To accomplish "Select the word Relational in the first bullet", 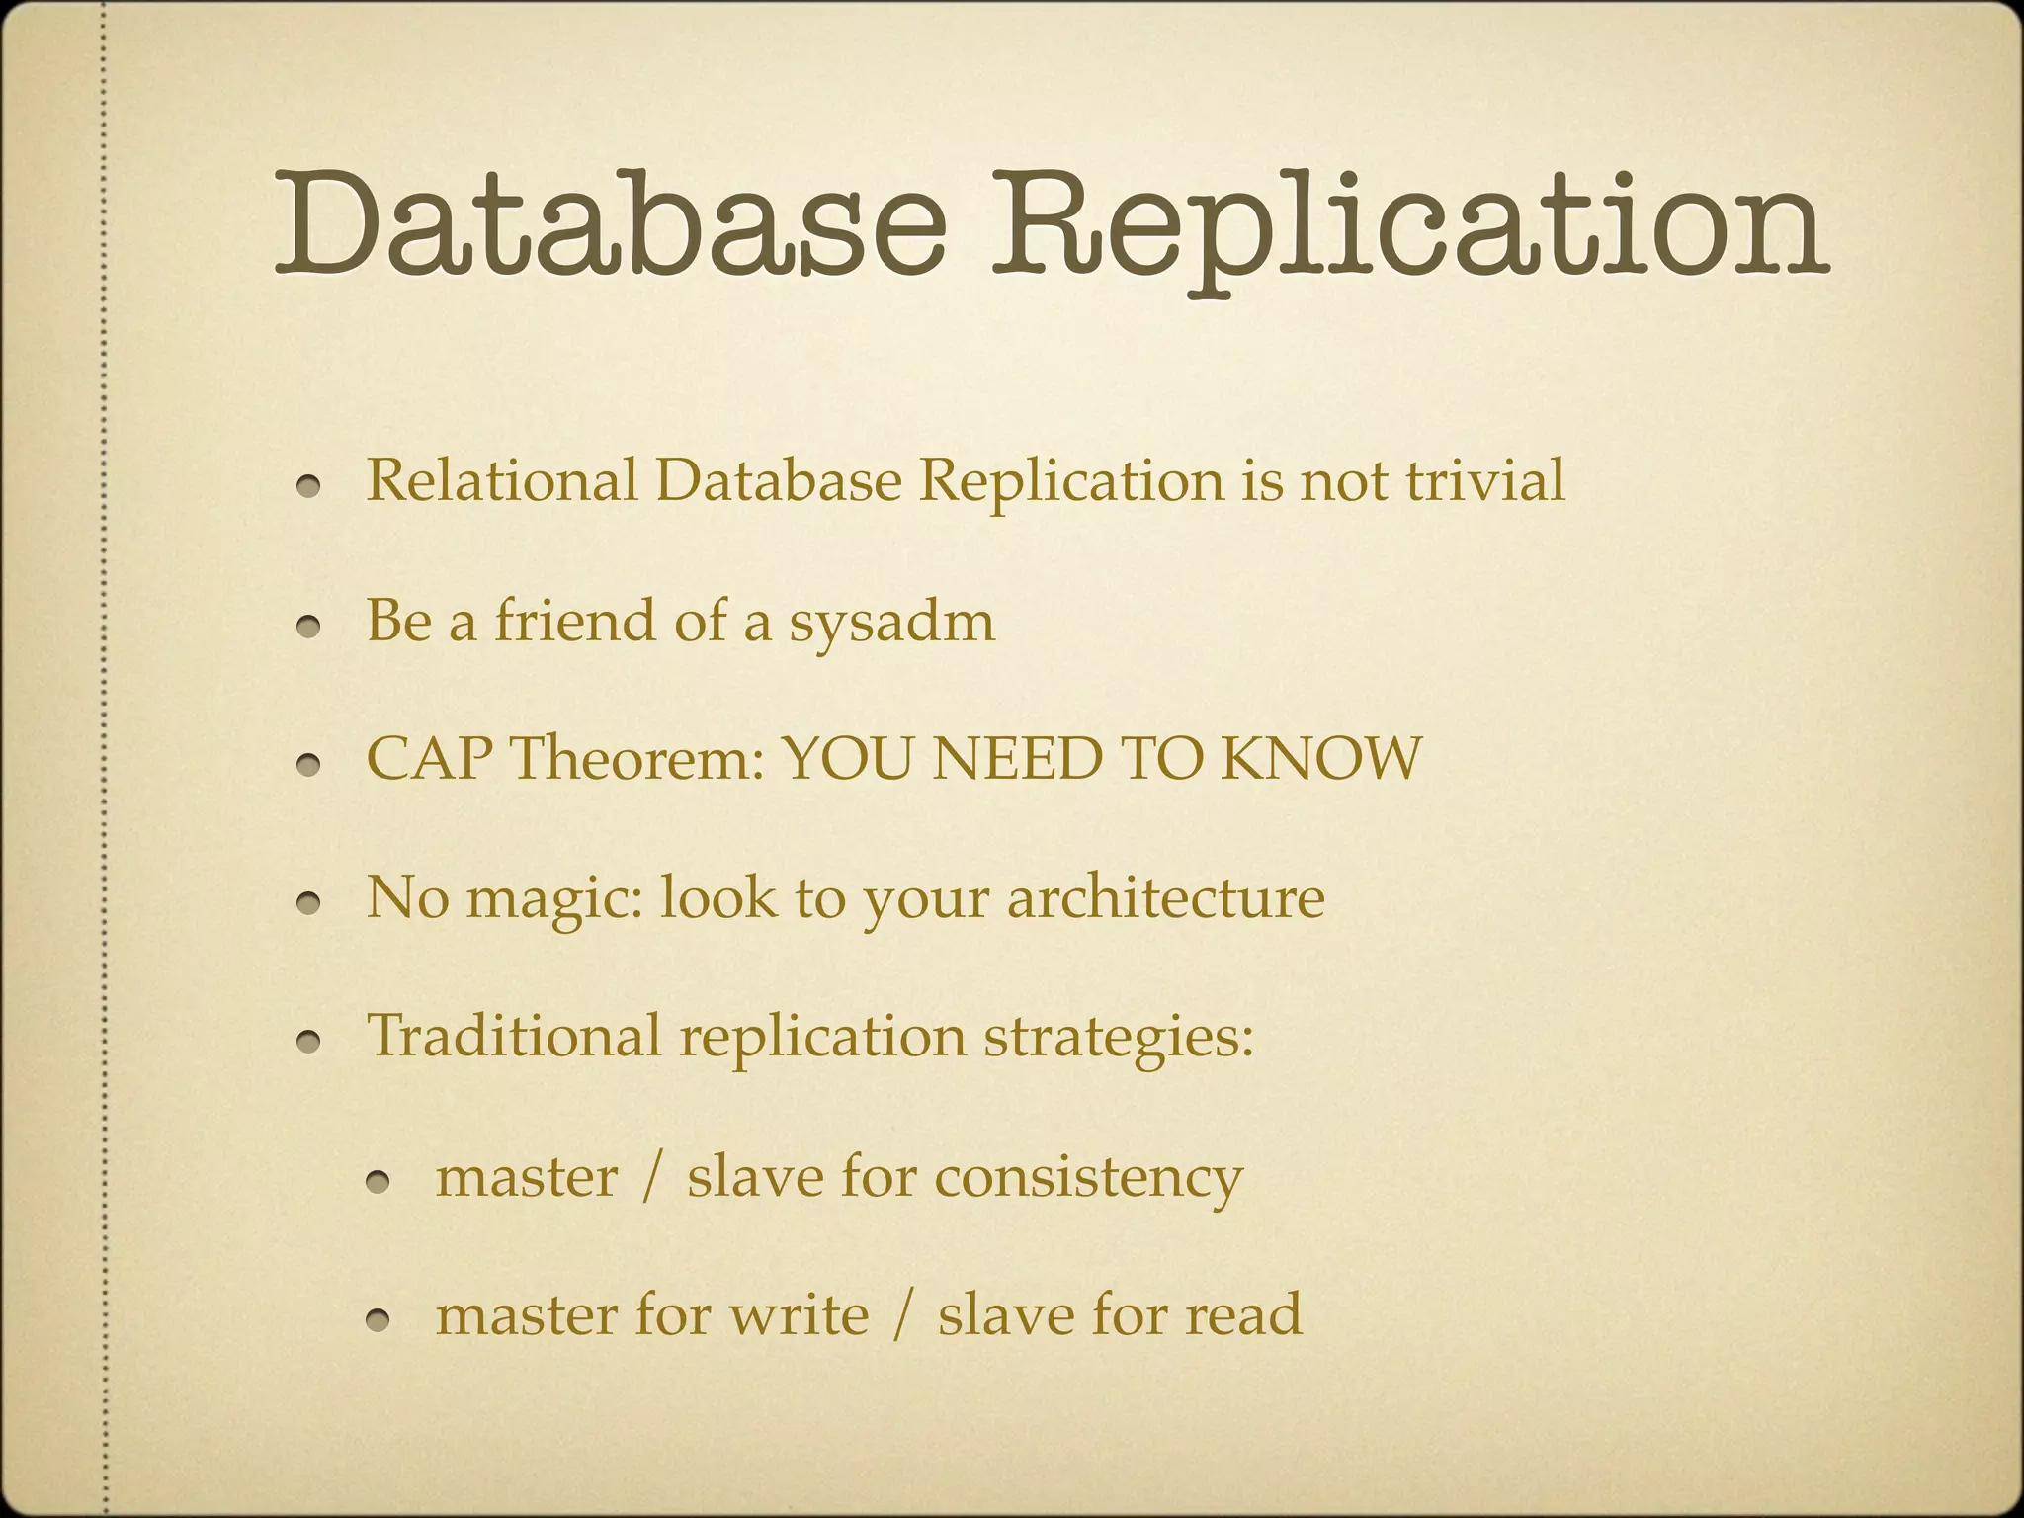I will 502,481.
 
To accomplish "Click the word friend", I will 575,621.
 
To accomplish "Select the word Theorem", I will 637,759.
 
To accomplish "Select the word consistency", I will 1087,1179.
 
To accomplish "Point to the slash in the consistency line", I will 650,1178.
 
